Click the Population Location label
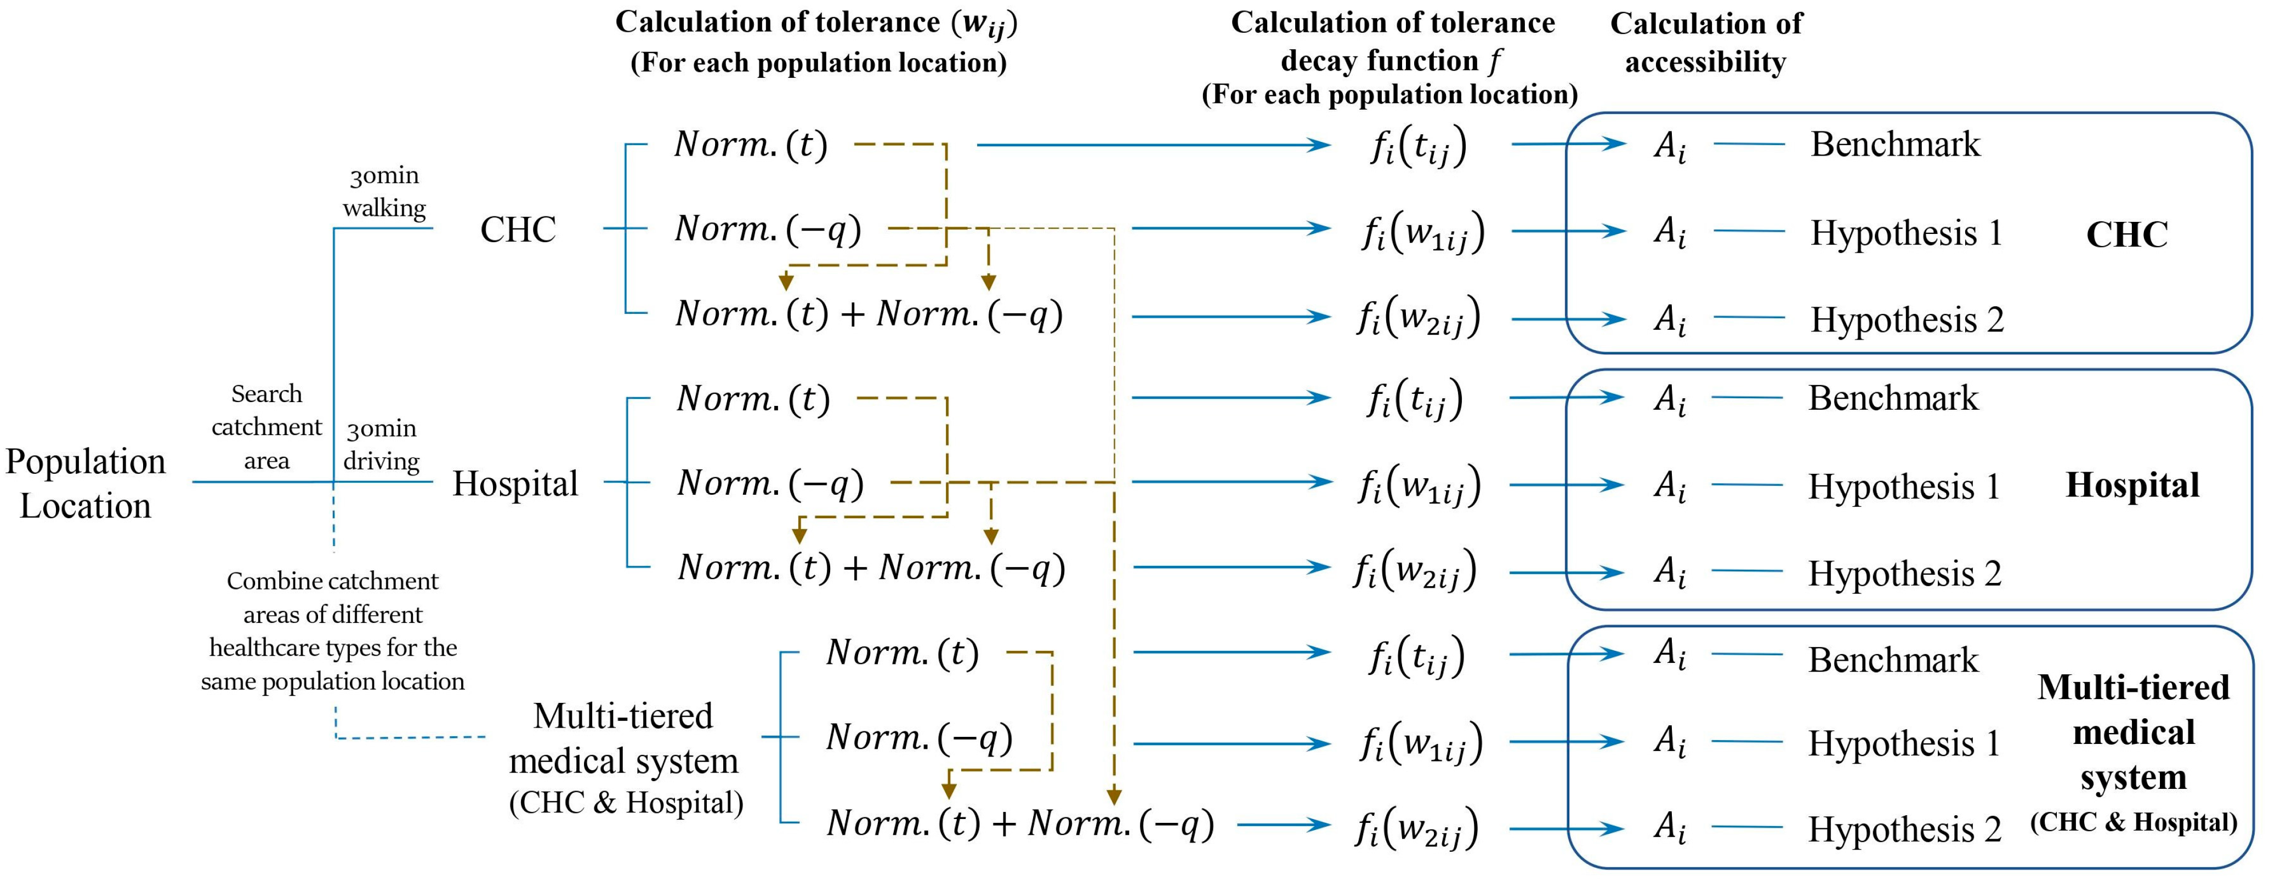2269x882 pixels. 86,483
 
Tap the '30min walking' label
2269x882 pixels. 384,192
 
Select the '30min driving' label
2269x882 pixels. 382,444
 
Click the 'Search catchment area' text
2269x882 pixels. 266,427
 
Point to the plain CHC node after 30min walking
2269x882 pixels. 518,230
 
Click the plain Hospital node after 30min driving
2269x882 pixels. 515,483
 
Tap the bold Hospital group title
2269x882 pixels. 2132,485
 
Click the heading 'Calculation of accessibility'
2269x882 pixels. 1706,42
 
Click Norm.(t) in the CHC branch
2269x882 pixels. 751,145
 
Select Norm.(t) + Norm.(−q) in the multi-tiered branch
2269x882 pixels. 1020,824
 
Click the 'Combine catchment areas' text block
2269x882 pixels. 332,631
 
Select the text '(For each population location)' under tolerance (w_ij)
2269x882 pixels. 818,64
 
